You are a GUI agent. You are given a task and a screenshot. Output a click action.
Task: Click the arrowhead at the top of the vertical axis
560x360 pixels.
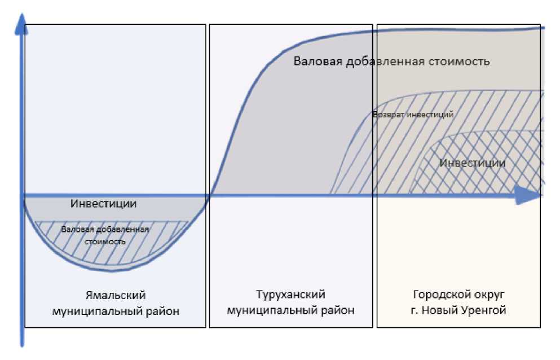tap(21, 21)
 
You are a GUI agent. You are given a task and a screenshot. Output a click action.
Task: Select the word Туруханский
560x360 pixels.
tap(290, 295)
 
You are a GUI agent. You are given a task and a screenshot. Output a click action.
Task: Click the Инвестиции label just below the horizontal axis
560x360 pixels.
tap(104, 203)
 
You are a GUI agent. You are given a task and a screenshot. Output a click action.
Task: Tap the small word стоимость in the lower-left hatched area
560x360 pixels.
tap(105, 241)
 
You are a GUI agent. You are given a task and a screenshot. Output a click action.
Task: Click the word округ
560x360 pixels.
tap(485, 295)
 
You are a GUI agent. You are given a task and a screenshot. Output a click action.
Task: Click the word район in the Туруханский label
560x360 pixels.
tap(339, 310)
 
